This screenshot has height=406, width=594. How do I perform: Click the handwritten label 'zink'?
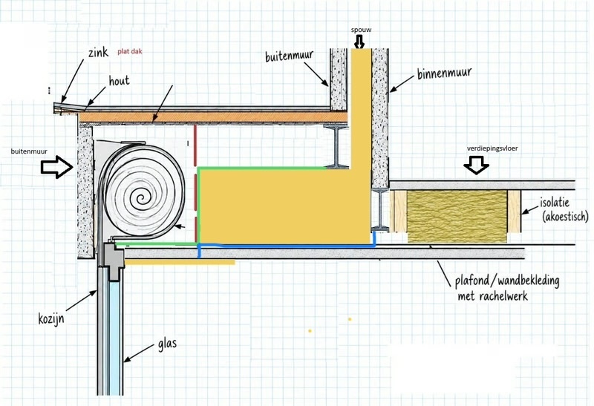[98, 52]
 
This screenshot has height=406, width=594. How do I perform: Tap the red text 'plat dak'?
[129, 51]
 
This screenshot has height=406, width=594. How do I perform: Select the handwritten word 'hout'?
[119, 80]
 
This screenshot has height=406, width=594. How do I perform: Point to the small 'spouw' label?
[361, 30]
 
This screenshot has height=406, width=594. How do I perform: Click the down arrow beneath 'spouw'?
[359, 42]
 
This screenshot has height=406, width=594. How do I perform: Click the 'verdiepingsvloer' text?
[492, 148]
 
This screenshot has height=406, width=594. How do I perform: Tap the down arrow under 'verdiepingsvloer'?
[476, 164]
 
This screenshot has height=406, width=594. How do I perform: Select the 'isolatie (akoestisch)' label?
[564, 209]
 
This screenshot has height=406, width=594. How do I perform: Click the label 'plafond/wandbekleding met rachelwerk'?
[507, 288]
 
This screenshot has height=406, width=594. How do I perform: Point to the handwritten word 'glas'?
[167, 344]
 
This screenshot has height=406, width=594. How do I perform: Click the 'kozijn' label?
[51, 319]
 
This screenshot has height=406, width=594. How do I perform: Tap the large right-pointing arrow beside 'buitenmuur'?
[57, 167]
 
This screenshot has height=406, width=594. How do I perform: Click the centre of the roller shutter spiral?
[141, 198]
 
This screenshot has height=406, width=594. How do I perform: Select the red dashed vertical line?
[195, 183]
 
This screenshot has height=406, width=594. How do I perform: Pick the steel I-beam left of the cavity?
[336, 147]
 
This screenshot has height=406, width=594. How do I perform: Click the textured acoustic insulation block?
[457, 216]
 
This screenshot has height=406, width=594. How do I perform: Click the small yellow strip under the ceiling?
[180, 262]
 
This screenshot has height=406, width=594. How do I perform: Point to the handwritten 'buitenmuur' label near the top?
[289, 56]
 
